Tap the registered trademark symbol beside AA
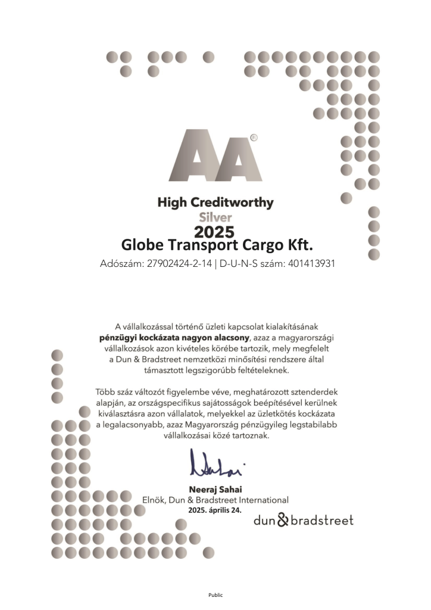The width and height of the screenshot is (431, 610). pyautogui.click(x=254, y=138)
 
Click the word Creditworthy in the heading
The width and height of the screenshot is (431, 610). pyautogui.click(x=236, y=203)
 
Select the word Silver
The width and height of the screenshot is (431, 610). pyautogui.click(x=215, y=217)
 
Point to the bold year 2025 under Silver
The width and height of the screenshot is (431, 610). pyautogui.click(x=215, y=231)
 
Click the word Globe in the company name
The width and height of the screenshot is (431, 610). pyautogui.click(x=143, y=245)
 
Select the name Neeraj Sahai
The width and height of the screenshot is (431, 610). pyautogui.click(x=215, y=490)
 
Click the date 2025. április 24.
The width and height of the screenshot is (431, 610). pyautogui.click(x=215, y=511)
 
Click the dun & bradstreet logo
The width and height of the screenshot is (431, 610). pyautogui.click(x=303, y=520)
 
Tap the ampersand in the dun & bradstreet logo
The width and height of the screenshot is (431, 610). pyautogui.click(x=282, y=520)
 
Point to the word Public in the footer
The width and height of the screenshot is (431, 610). pyautogui.click(x=215, y=594)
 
